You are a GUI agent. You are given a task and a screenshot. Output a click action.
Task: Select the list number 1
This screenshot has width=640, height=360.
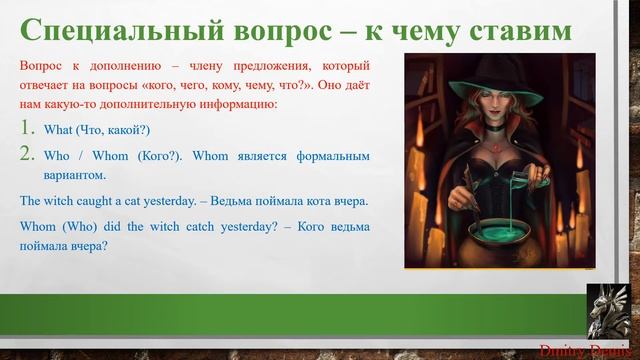29,130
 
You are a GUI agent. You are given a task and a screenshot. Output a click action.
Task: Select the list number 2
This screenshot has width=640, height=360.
29,156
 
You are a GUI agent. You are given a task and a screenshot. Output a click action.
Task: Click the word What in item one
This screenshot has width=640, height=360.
58,131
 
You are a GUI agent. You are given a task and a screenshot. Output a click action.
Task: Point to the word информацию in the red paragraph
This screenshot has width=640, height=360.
238,103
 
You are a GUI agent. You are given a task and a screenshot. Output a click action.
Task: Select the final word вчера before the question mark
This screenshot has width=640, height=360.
82,245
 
